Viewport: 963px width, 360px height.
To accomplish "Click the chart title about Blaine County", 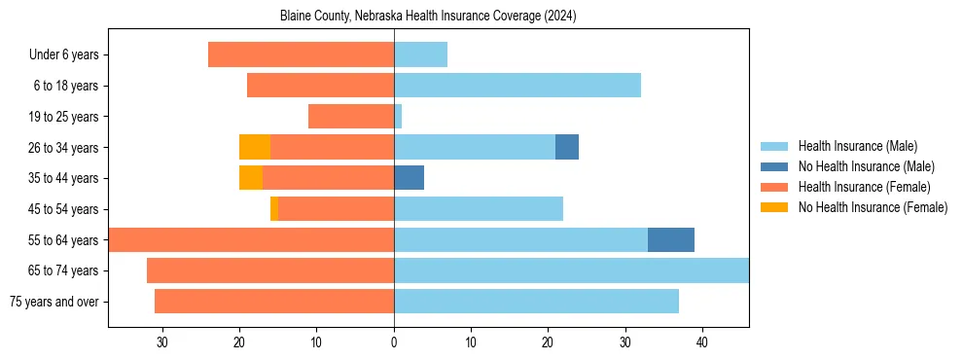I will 428,17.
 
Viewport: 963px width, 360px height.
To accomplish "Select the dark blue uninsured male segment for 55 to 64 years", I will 671,239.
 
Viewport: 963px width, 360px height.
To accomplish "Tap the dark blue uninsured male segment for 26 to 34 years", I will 567,147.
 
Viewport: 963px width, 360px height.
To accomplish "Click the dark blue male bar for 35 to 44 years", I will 410,178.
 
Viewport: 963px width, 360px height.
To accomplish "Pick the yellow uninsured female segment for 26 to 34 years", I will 255,147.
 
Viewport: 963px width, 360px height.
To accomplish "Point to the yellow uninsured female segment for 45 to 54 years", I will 274,208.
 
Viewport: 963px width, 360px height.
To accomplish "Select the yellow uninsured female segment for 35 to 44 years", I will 251,178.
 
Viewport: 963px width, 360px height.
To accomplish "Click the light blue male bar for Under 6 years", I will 420,54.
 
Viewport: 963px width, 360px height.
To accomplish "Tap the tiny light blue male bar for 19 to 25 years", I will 398,116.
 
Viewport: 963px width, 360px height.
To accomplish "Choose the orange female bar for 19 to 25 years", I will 351,116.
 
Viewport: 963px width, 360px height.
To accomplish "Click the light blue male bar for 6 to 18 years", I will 517,86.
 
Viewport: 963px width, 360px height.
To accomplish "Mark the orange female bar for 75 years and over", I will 274,302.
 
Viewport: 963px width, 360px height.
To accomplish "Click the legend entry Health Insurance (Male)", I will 857,146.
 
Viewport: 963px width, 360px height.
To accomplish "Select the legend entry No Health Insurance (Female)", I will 873,207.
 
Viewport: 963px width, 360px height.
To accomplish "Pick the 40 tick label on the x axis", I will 702,342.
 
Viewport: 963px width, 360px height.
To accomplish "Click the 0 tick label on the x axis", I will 394,342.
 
